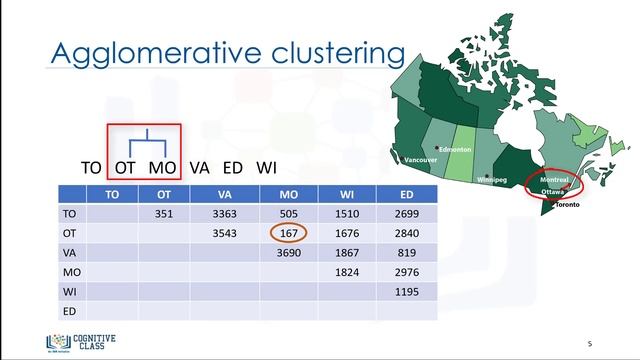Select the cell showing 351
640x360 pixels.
[165, 213]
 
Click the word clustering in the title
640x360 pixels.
[329, 51]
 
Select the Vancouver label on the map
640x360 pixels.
[419, 160]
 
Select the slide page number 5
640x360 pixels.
[590, 341]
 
